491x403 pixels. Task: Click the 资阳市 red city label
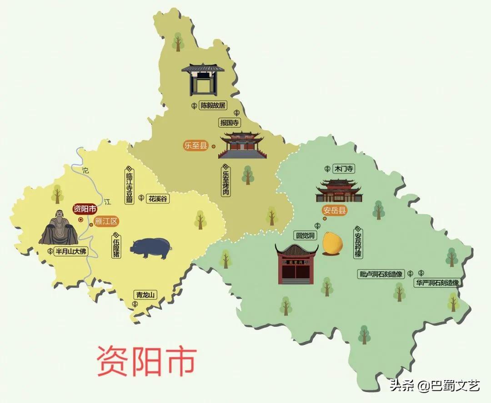85,209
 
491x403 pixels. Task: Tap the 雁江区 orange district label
106,221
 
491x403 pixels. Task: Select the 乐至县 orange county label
195,146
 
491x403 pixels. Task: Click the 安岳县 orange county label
335,210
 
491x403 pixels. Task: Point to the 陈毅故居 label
213,105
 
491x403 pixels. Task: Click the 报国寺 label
230,123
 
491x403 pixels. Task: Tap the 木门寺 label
344,169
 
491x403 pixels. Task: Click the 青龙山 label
145,295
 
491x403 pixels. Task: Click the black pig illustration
151,248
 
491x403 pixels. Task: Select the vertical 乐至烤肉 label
225,181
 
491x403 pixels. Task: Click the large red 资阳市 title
146,361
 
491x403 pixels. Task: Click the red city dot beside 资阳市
80,219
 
